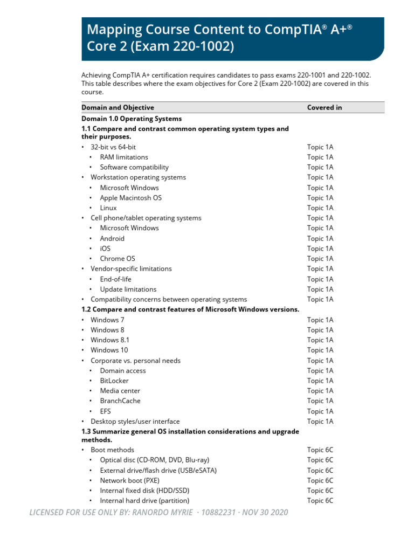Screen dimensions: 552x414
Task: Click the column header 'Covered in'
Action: tap(325, 107)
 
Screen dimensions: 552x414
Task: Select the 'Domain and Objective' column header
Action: tap(118, 107)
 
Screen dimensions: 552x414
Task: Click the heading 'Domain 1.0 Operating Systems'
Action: tap(132, 119)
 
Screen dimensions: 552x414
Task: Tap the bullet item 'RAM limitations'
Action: tap(124, 157)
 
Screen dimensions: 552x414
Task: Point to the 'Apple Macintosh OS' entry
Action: tap(130, 198)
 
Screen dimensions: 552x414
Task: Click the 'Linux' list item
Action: tap(108, 208)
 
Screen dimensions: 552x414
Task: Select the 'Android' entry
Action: tap(112, 238)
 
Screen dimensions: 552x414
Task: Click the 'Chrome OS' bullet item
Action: tap(118, 258)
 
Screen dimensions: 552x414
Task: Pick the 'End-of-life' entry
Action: tap(115, 279)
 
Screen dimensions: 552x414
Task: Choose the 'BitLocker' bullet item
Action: tap(114, 381)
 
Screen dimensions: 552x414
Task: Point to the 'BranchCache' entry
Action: tap(120, 401)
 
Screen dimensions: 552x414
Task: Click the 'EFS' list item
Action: tap(106, 411)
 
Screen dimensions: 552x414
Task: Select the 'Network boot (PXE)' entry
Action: tap(129, 480)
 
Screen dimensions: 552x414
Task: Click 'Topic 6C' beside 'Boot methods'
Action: tap(320, 450)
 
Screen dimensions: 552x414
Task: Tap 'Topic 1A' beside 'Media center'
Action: tap(320, 391)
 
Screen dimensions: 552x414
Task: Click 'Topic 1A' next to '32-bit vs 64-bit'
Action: tap(320, 147)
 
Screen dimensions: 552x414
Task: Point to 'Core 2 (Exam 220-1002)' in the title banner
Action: tap(161, 47)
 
